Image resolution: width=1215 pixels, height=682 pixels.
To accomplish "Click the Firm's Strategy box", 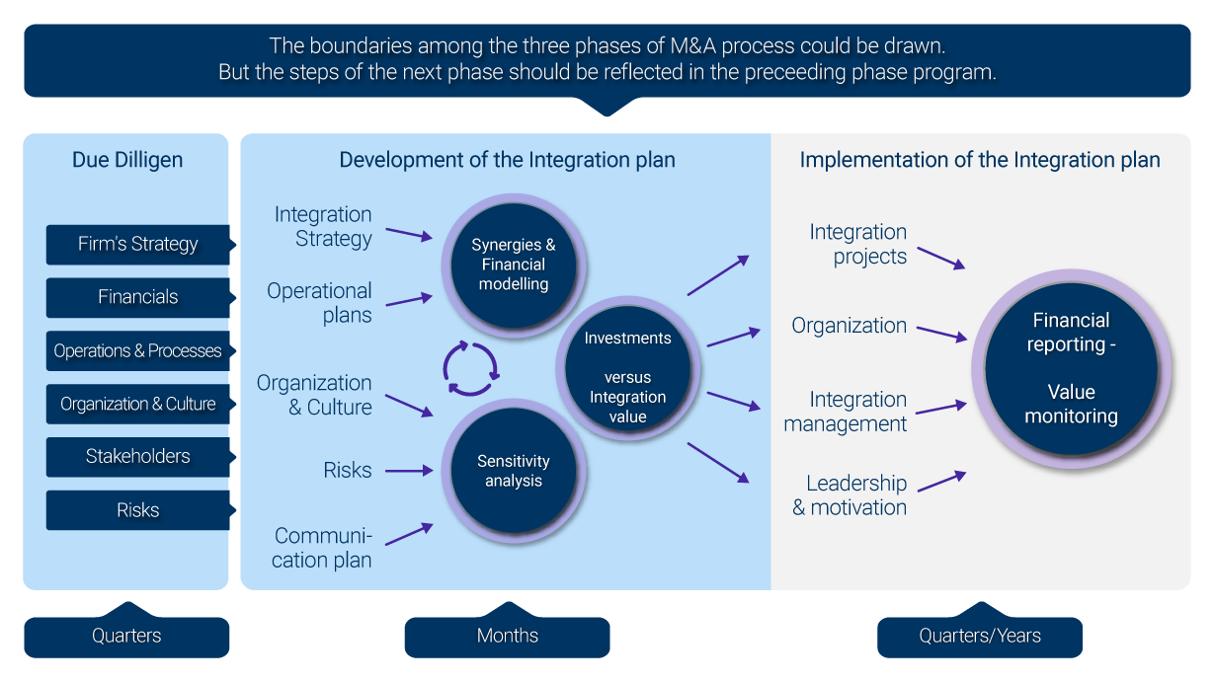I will [137, 245].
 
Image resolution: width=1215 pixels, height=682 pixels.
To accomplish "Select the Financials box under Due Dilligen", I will [137, 297].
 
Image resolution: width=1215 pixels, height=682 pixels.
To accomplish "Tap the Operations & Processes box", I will [137, 351].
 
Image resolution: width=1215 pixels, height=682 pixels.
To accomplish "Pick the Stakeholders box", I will [137, 457].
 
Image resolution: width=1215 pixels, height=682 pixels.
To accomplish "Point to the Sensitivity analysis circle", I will [514, 471].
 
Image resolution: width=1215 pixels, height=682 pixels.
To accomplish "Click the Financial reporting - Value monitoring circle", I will [1071, 368].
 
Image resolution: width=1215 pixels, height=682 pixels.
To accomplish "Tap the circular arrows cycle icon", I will [471, 368].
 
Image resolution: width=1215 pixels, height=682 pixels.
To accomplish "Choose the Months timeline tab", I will [507, 637].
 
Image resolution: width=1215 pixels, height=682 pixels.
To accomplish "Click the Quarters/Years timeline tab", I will [979, 637].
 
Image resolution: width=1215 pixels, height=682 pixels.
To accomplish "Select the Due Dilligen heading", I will [127, 160].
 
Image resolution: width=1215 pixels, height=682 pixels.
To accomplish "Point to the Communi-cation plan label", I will [323, 548].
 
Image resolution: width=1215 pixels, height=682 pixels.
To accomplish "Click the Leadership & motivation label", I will [850, 495].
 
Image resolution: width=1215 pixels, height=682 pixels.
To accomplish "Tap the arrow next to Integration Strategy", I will [409, 234].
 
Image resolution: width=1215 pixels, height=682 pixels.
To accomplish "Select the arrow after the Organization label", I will [940, 333].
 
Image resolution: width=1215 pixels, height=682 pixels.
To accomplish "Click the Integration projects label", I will [858, 245].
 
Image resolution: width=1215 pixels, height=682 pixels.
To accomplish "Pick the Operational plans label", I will [320, 303].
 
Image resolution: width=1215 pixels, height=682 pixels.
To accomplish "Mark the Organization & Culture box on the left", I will [137, 404].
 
